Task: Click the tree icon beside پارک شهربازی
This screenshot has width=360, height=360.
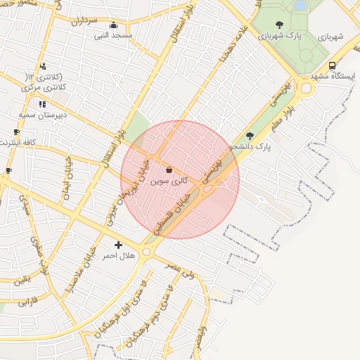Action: click(280, 25)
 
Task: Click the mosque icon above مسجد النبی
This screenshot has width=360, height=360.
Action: click(113, 25)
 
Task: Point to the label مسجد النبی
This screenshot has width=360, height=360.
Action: click(113, 35)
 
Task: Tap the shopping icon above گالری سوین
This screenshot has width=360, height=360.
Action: click(169, 169)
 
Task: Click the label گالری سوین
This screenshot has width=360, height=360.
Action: click(169, 181)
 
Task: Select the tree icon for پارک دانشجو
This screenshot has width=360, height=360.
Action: click(250, 136)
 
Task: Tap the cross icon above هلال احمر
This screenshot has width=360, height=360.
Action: click(118, 245)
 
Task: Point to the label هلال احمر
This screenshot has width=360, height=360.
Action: click(118, 256)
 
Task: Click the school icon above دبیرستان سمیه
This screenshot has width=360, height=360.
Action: click(42, 104)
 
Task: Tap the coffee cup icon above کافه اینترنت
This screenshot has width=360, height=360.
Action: click(16, 132)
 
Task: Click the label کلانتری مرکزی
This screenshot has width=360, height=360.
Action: click(43, 87)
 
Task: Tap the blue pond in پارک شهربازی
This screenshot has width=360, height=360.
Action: click(300, 6)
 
